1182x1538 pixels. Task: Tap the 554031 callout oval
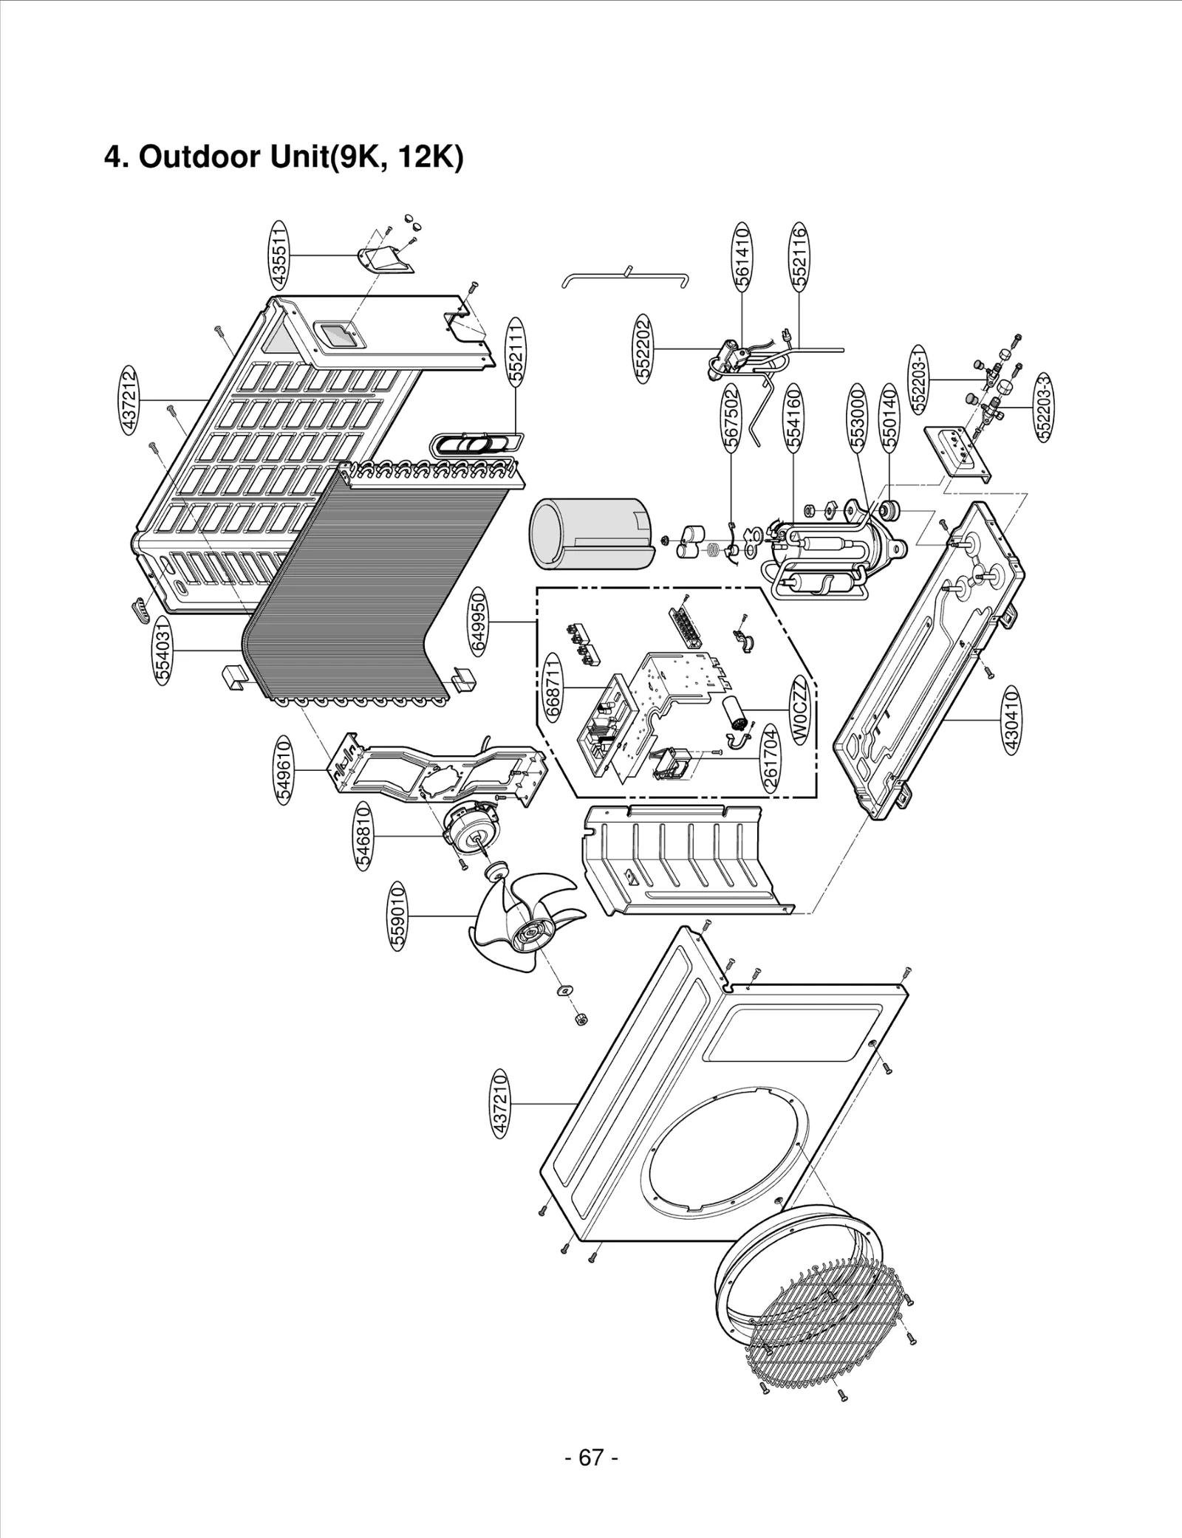[163, 649]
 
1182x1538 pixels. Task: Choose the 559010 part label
[397, 916]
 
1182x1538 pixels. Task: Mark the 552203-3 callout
[1045, 408]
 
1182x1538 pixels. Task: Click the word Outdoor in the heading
[195, 157]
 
